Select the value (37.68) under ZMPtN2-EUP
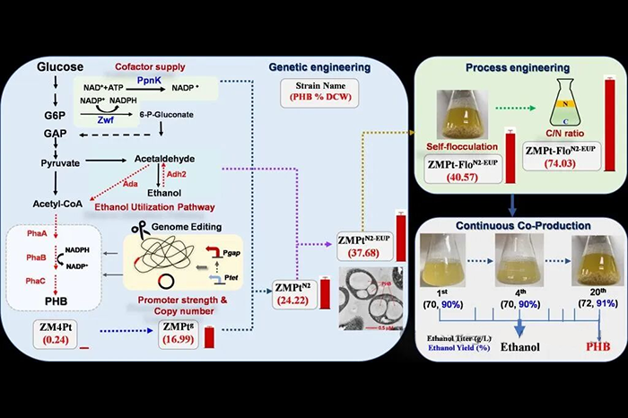pos(360,251)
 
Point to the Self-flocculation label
pos(462,144)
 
